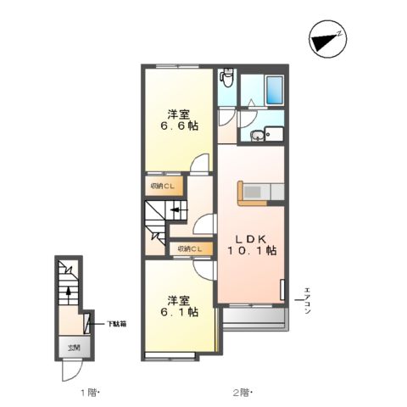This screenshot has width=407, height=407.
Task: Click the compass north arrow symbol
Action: point(326,40)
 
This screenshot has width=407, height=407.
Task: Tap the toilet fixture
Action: point(226,79)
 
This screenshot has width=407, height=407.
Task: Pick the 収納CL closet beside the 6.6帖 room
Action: point(163,186)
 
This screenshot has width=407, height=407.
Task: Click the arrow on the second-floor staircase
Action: point(176,212)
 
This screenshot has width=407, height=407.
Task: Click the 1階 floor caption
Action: point(89,393)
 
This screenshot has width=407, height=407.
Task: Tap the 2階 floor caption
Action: point(243,393)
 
